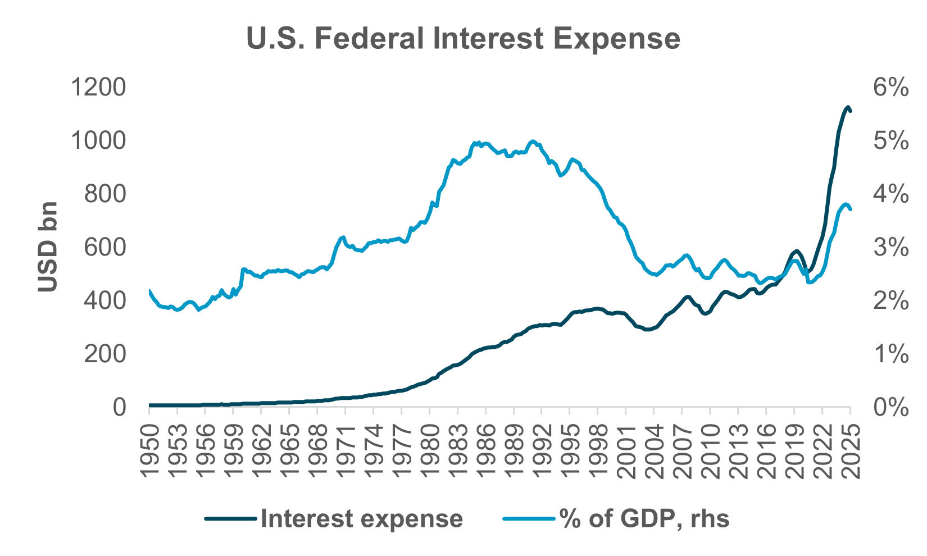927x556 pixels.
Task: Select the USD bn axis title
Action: (x=49, y=247)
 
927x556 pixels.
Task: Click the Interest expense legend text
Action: (x=362, y=519)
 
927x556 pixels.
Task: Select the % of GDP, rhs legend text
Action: (x=644, y=519)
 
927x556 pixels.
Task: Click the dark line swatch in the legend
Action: (x=231, y=519)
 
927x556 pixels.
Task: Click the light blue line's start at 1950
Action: (x=149, y=291)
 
